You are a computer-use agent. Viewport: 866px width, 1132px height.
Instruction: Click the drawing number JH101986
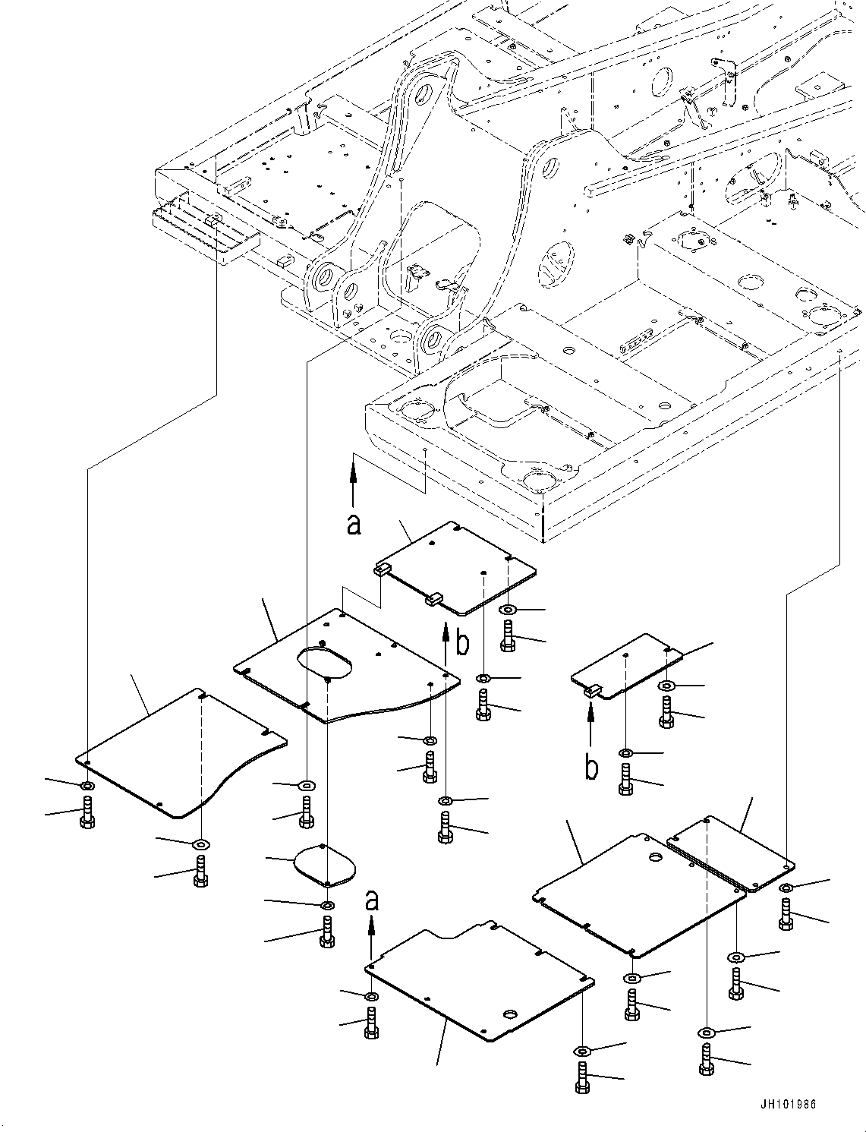[x=788, y=1104]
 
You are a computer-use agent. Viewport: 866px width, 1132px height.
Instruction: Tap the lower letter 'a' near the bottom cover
[x=371, y=901]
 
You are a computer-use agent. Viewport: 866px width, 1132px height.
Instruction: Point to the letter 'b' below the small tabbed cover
[x=592, y=782]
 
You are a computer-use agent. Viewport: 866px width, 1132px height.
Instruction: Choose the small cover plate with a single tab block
[x=628, y=667]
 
